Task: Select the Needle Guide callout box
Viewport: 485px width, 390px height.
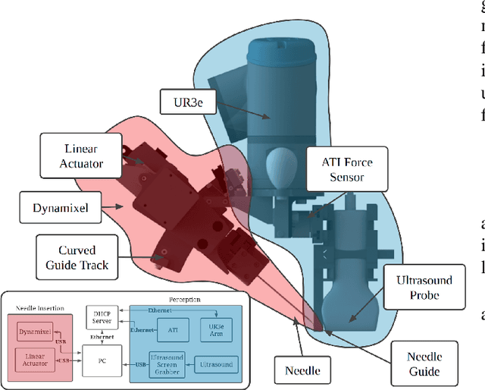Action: tap(424, 364)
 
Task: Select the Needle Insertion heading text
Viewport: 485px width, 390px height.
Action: tap(39, 309)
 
